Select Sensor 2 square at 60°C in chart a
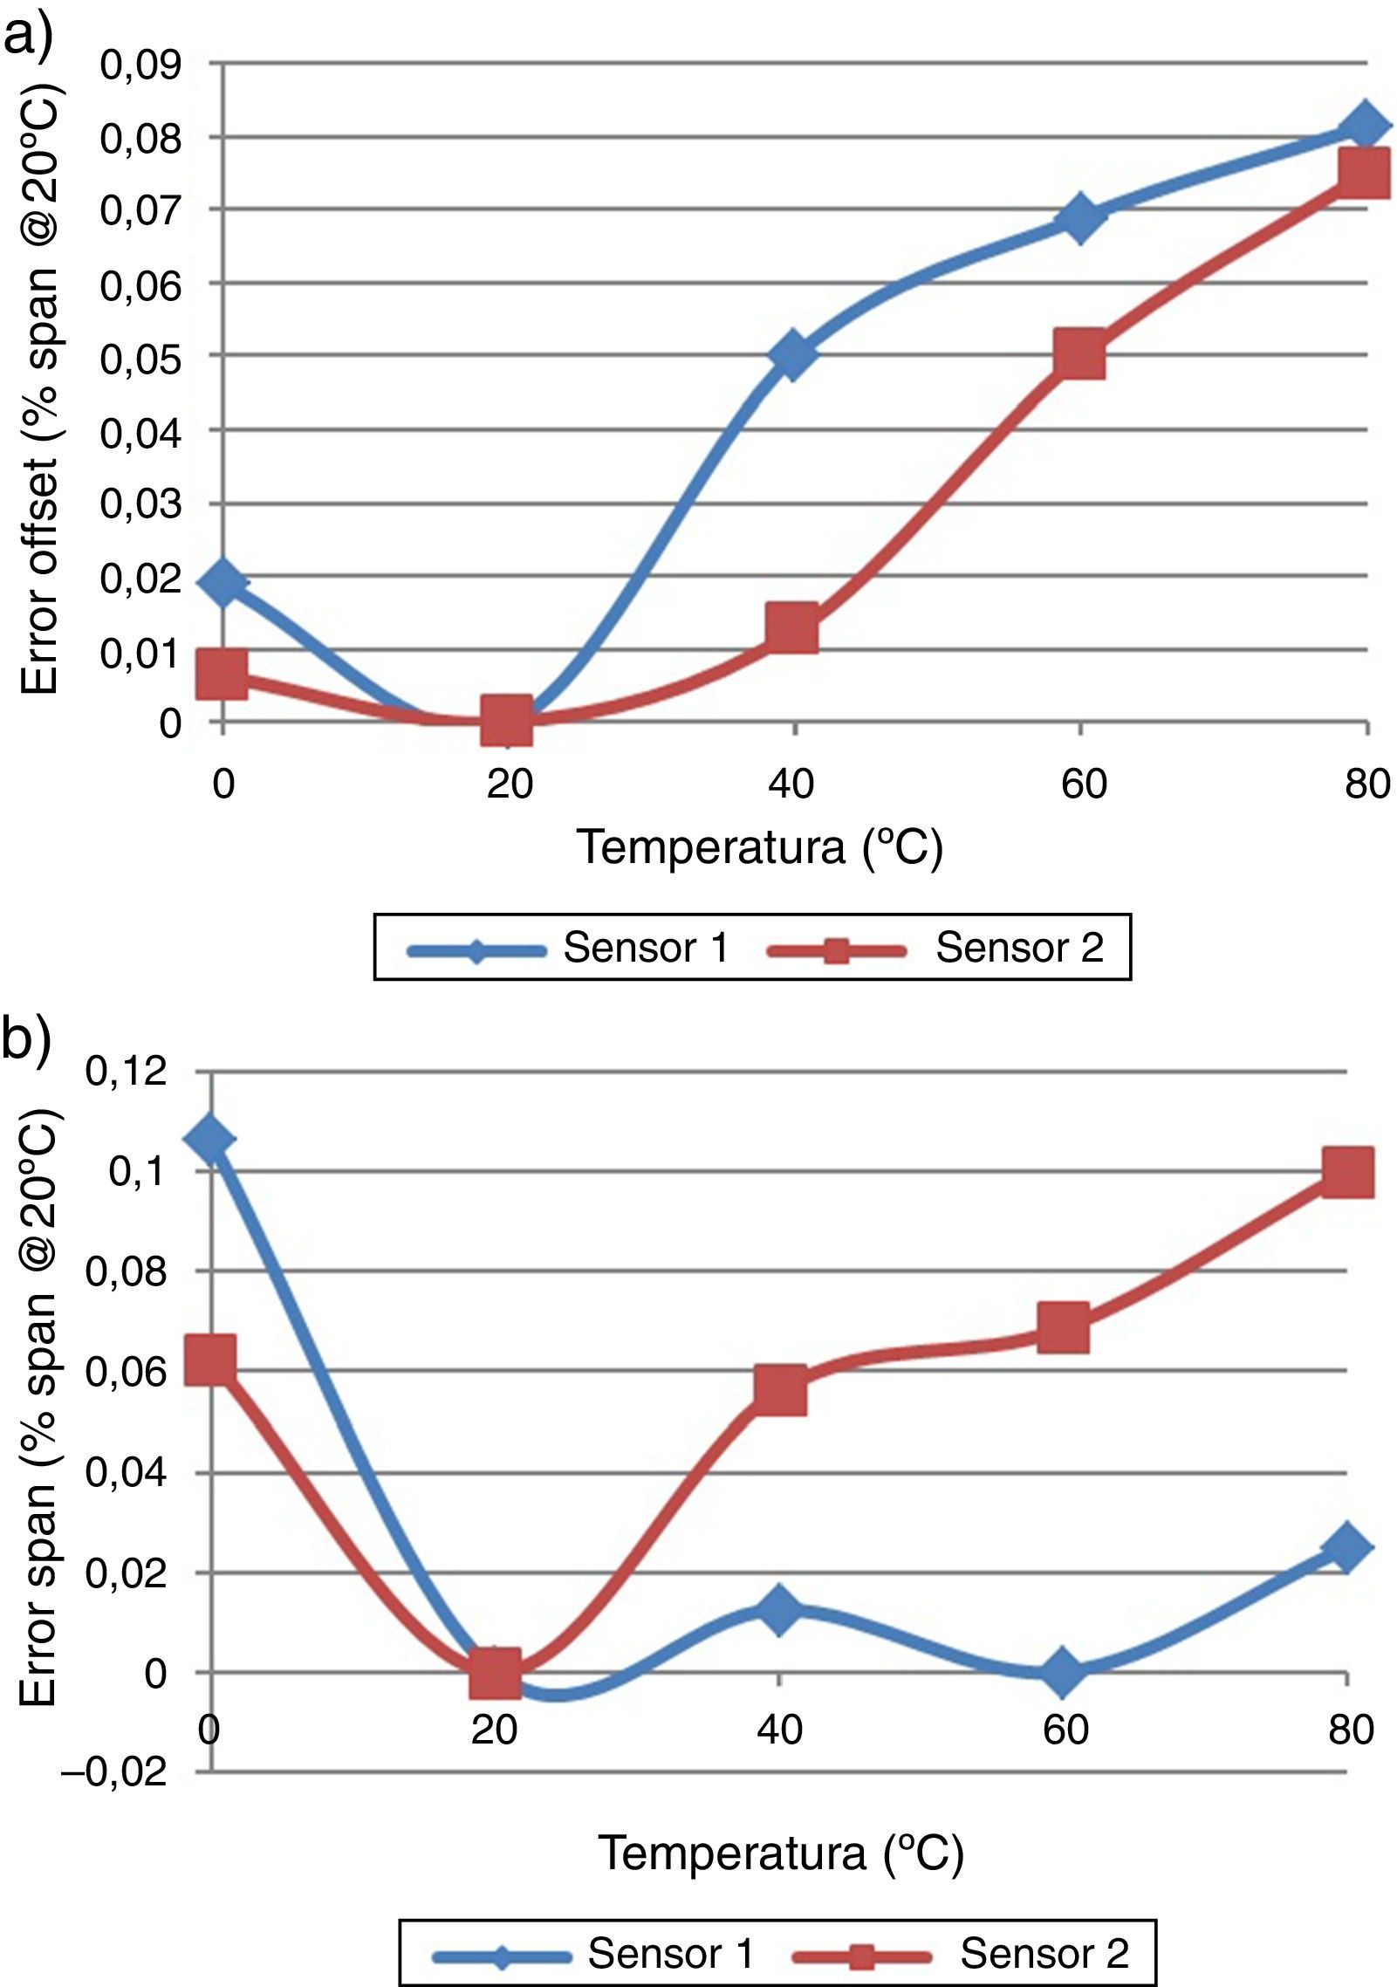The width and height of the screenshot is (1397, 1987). tap(1079, 354)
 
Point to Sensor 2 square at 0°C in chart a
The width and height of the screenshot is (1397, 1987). tap(223, 674)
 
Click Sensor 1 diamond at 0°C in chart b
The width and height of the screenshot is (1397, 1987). tap(210, 1139)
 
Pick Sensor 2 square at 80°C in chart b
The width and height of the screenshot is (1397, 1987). tap(1347, 1172)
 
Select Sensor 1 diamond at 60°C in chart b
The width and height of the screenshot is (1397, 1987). tap(1063, 1671)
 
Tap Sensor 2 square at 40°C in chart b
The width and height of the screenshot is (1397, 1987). tap(780, 1390)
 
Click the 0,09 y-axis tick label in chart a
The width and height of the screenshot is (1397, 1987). tap(140, 65)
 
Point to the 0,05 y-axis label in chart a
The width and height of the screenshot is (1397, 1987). tap(140, 359)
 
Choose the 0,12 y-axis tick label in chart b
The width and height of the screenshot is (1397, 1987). tap(126, 1072)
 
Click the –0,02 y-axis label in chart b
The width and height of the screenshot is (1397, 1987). tap(113, 1772)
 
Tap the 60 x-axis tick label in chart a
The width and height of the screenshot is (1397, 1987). tap(1084, 784)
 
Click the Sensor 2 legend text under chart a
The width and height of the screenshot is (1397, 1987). tap(1019, 948)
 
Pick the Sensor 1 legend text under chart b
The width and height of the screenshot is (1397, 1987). tap(670, 1953)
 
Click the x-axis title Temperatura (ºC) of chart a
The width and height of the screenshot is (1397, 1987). tap(759, 846)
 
